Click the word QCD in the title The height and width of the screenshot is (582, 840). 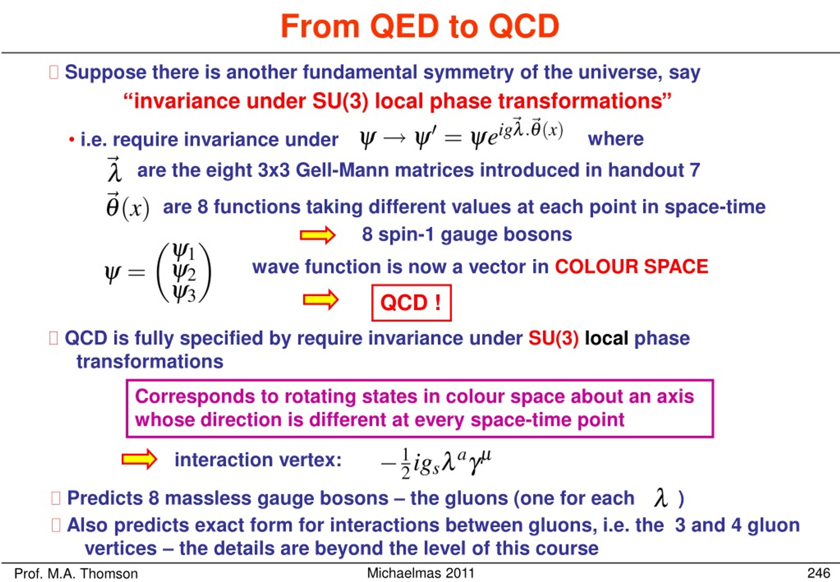[x=523, y=26]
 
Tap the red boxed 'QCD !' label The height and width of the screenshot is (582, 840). [x=411, y=303]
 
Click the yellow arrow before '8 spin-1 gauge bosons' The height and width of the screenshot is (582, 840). [x=317, y=235]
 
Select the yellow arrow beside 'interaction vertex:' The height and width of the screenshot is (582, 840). [x=139, y=459]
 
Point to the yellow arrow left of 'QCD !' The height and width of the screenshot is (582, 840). [x=321, y=300]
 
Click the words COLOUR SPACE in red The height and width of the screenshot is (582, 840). [x=631, y=267]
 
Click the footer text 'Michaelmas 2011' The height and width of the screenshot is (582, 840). [x=421, y=573]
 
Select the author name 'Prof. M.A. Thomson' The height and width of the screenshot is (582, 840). [x=76, y=573]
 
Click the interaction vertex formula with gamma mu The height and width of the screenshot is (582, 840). [x=436, y=463]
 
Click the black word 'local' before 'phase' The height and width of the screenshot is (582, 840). [x=606, y=338]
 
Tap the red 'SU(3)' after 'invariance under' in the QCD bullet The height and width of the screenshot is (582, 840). [x=553, y=338]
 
